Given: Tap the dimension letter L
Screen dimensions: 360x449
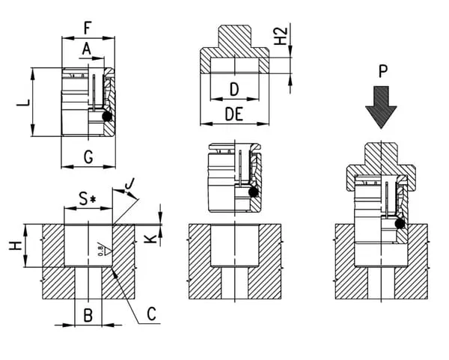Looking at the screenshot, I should tap(23, 102).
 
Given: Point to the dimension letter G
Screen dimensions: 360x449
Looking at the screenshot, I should tap(88, 156).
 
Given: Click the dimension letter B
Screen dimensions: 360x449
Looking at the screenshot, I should tap(88, 315).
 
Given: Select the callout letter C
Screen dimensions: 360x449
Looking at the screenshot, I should tap(151, 314).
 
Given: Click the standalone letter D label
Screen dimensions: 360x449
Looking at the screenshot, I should tap(233, 89).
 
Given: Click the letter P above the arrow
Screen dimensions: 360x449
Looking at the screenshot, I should tap(382, 72).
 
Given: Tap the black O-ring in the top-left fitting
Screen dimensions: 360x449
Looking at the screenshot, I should tap(107, 118).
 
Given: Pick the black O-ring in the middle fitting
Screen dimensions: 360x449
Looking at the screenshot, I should tap(254, 193).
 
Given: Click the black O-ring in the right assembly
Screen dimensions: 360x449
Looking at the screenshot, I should tap(400, 224).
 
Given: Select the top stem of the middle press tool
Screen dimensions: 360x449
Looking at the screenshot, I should tap(234, 37).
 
